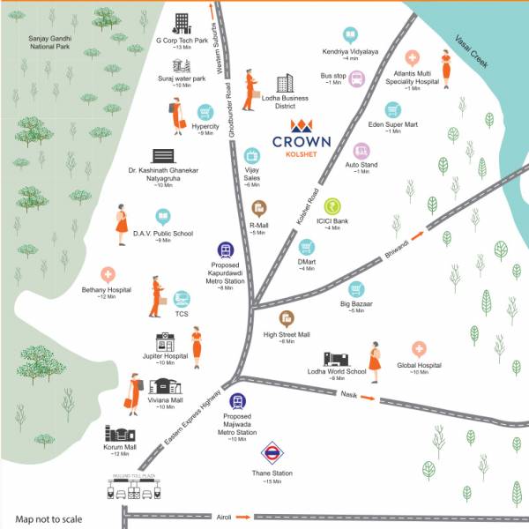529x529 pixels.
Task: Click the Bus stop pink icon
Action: click(357, 79)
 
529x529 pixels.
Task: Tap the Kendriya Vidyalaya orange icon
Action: click(350, 35)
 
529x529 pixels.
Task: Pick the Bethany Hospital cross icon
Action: click(108, 275)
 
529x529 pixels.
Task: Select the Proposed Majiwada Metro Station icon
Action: click(237, 401)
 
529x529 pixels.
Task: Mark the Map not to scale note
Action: click(49, 518)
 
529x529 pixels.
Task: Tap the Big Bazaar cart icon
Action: click(355, 288)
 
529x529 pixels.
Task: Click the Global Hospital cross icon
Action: click(419, 350)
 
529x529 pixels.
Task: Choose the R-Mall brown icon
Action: click(259, 207)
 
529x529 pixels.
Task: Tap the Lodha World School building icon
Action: click(337, 358)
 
